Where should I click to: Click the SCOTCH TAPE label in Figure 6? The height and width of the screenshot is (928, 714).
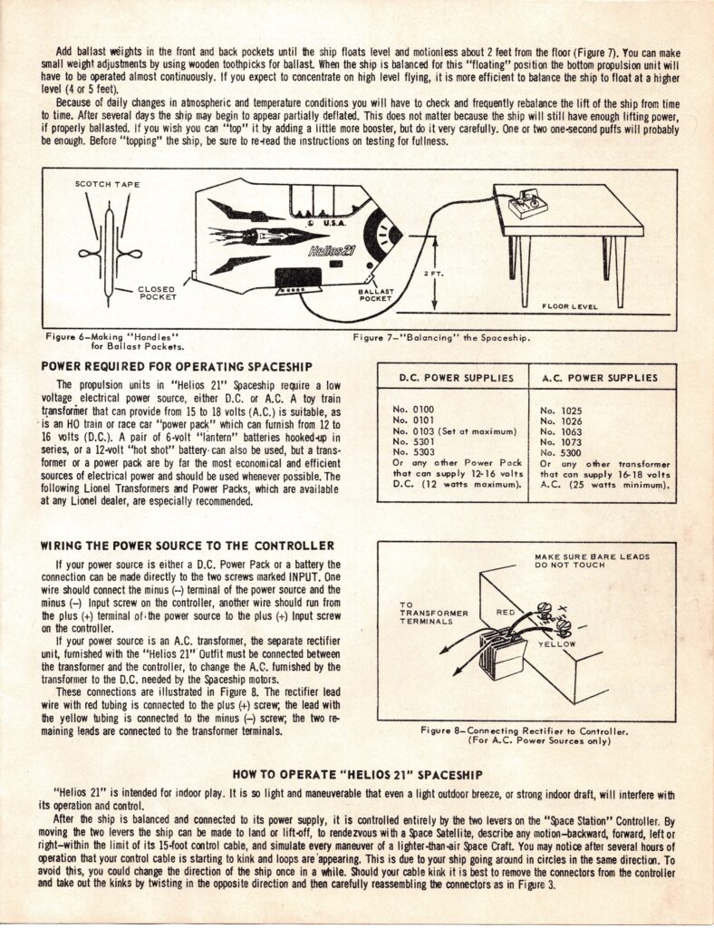coord(108,184)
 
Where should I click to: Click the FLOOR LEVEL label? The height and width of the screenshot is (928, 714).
coord(569,306)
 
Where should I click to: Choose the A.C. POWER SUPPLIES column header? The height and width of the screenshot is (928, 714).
coord(602,377)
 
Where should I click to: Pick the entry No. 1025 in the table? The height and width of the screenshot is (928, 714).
coord(560,411)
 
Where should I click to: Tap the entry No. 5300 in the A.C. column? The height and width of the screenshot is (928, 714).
coord(560,452)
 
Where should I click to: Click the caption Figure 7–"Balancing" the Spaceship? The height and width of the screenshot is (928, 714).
coord(441,338)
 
